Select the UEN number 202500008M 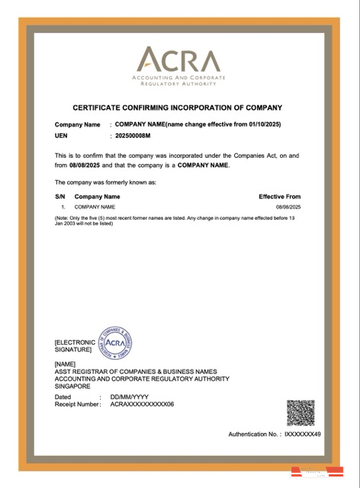click(133, 135)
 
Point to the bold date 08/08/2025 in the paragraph click(85, 165)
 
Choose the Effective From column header click(280, 197)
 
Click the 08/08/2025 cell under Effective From click(288, 207)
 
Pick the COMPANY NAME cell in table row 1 click(95, 207)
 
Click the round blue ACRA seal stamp click(115, 344)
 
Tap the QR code click(300, 413)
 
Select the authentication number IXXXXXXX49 click(302, 434)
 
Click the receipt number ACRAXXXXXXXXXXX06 click(143, 404)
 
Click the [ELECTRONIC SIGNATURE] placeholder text click(76, 346)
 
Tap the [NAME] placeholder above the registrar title click(66, 364)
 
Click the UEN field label click(62, 135)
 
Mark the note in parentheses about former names click(175, 220)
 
